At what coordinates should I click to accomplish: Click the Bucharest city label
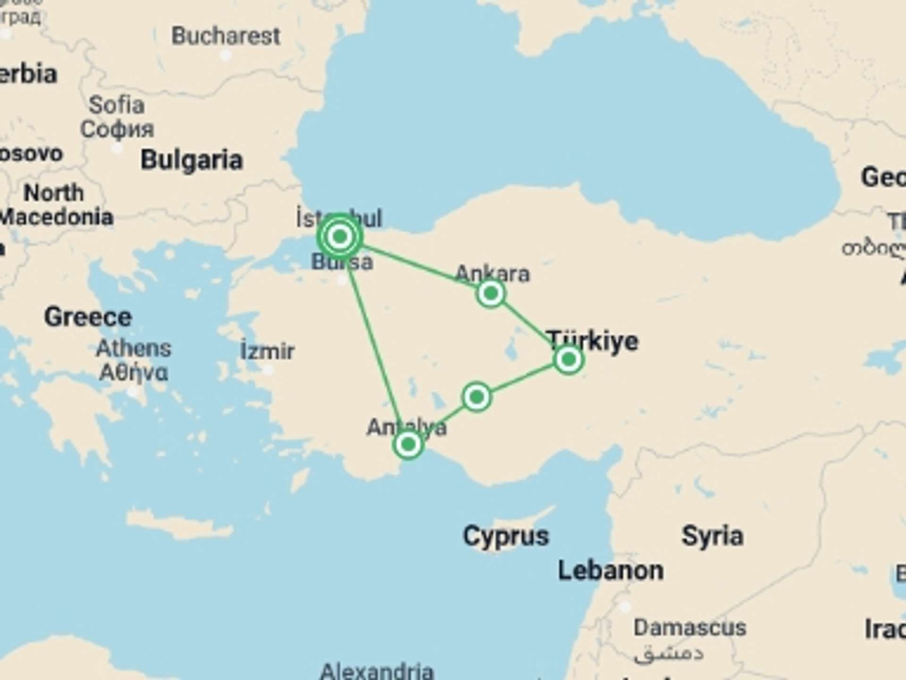[226, 36]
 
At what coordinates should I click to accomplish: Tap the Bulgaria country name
[192, 160]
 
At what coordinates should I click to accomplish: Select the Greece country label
[88, 317]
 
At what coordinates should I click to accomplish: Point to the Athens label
[134, 349]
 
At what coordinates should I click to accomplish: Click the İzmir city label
[267, 351]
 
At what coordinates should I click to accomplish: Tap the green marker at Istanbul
[340, 236]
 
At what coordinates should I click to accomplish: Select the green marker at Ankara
[491, 293]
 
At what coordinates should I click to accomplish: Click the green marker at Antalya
[408, 444]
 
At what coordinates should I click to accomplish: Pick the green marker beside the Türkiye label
[569, 360]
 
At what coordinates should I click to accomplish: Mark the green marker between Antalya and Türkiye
[477, 397]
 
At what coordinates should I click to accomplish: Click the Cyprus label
[506, 536]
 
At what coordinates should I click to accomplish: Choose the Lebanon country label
[611, 570]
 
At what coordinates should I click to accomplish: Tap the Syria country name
[713, 536]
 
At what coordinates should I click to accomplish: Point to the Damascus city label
[689, 628]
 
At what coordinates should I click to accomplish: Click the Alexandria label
[377, 671]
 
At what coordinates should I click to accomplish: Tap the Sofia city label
[117, 105]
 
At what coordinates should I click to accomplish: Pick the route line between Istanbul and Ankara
[415, 265]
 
